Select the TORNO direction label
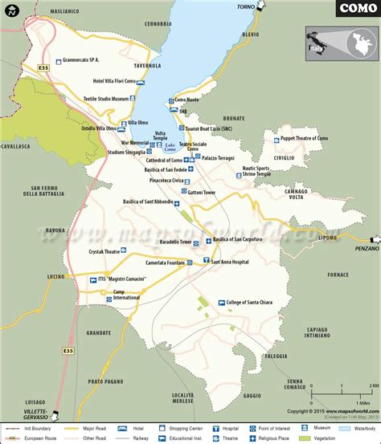pyautogui.click(x=245, y=6)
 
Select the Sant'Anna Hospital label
pyautogui.click(x=233, y=260)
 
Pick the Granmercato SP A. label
pyautogui.click(x=93, y=60)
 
